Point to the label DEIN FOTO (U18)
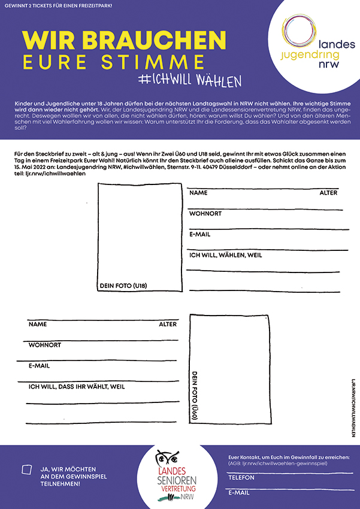pos(123,286)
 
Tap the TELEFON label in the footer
pos(241,477)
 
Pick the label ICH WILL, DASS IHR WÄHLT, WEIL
pos(77,387)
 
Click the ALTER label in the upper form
pos(328,193)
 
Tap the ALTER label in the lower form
pos(168,324)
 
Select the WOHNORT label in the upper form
pos(205,214)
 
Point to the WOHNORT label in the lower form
pos(45,345)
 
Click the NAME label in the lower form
pos(37,324)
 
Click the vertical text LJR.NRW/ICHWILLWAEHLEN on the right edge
pos(353,407)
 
